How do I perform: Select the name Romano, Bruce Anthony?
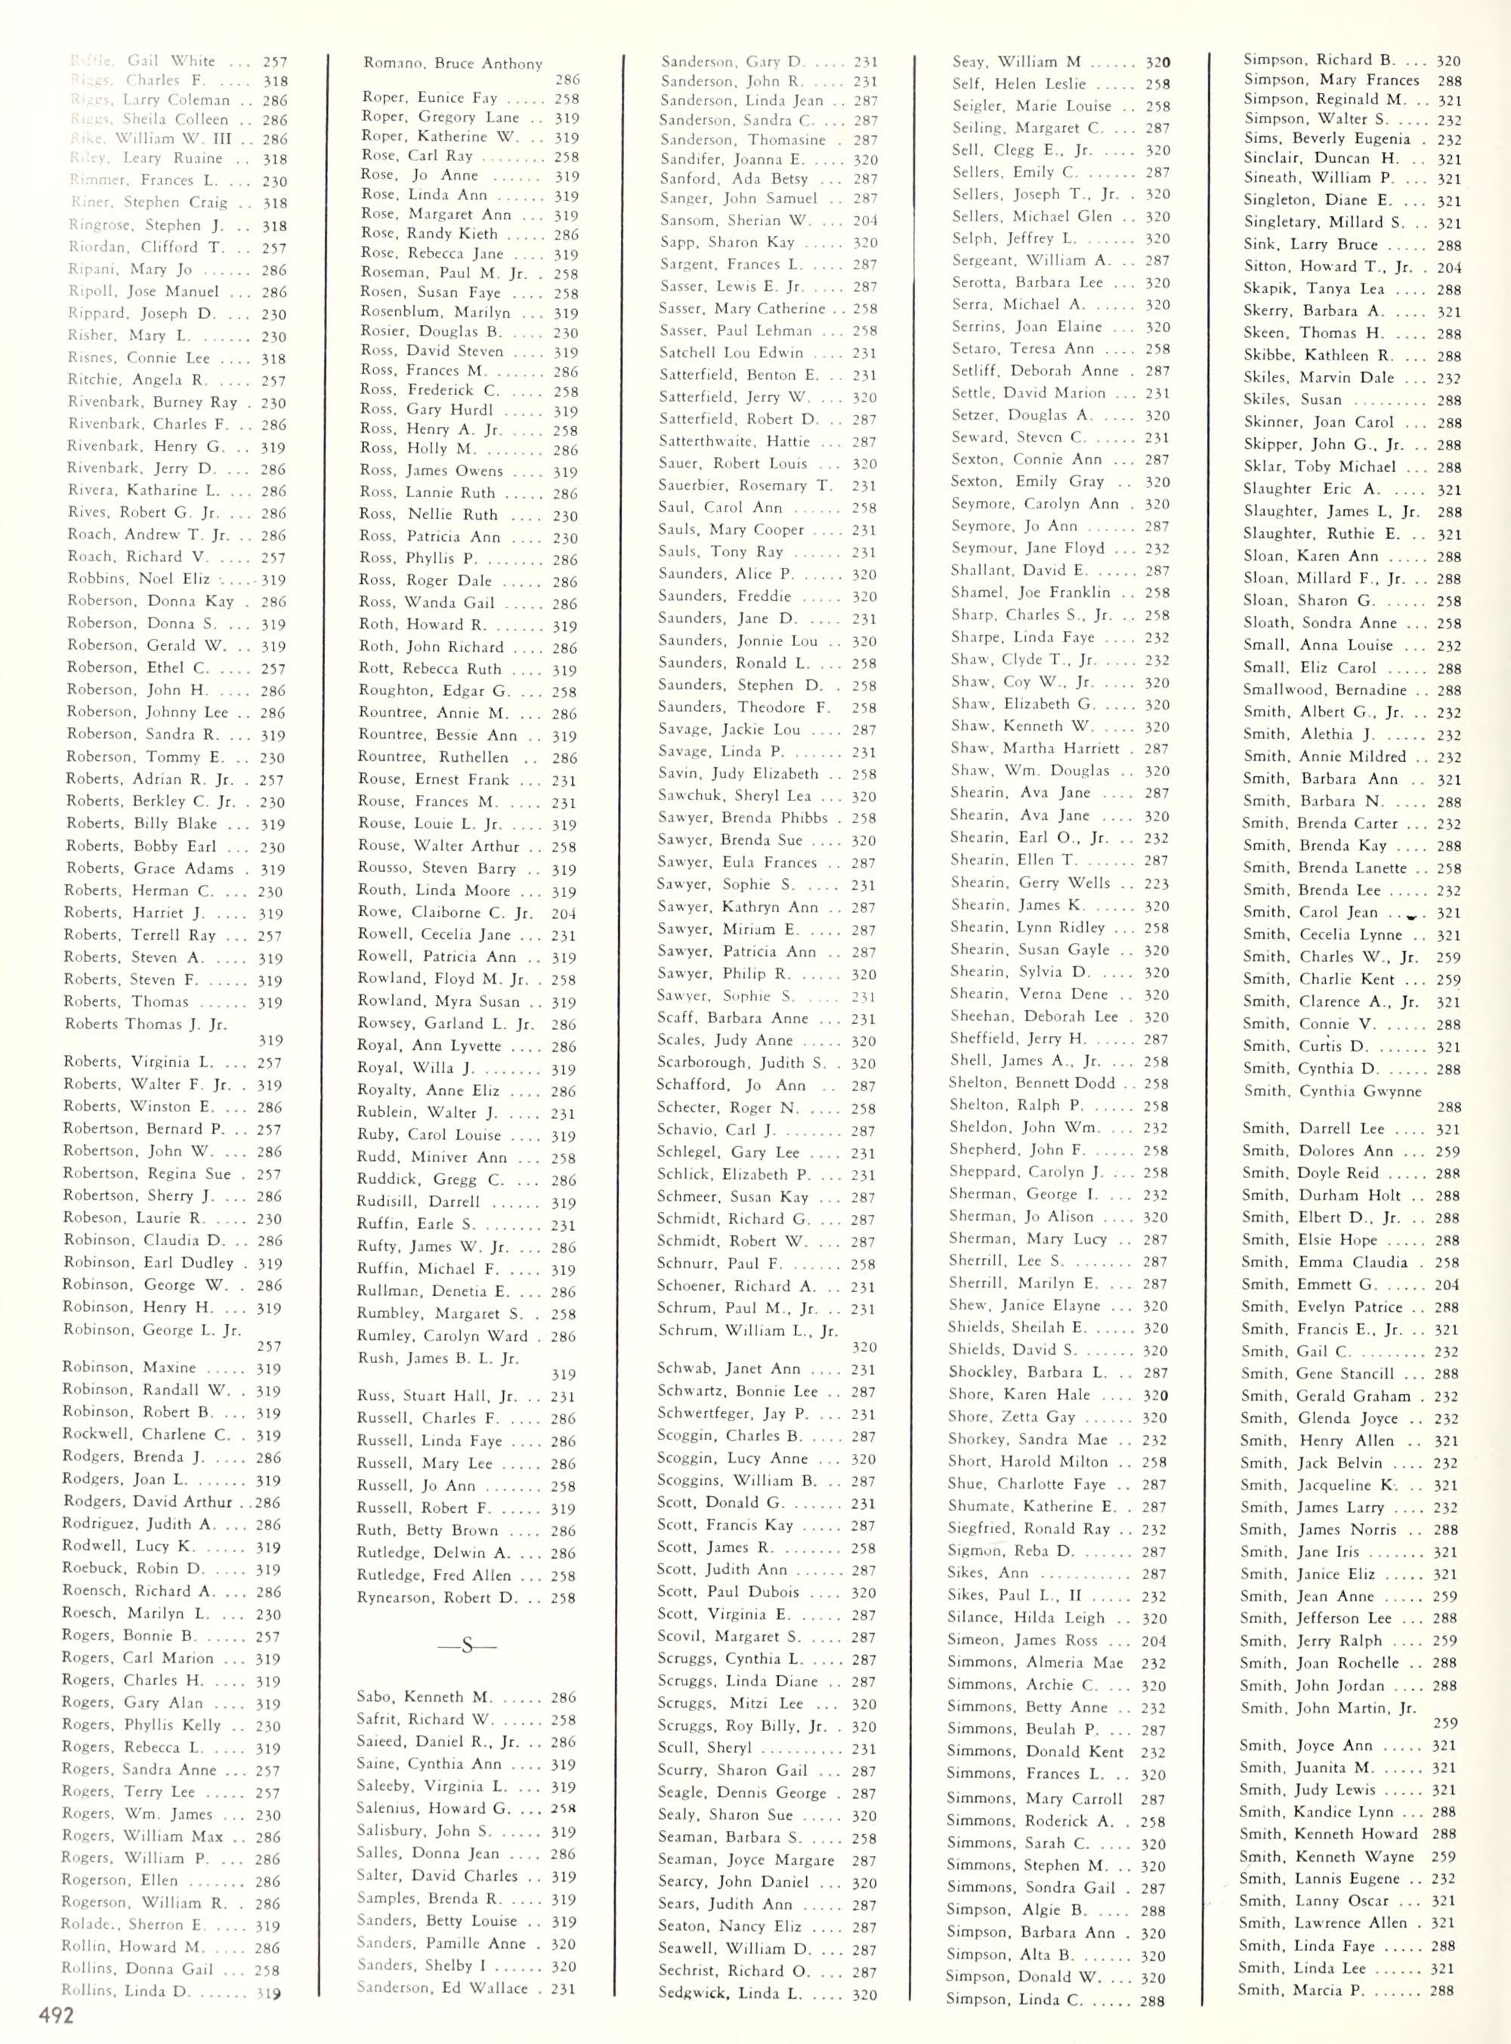tap(452, 64)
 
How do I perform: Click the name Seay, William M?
tap(1016, 62)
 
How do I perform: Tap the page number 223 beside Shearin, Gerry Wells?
tap(1156, 883)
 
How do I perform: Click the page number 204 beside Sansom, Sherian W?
tap(864, 221)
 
